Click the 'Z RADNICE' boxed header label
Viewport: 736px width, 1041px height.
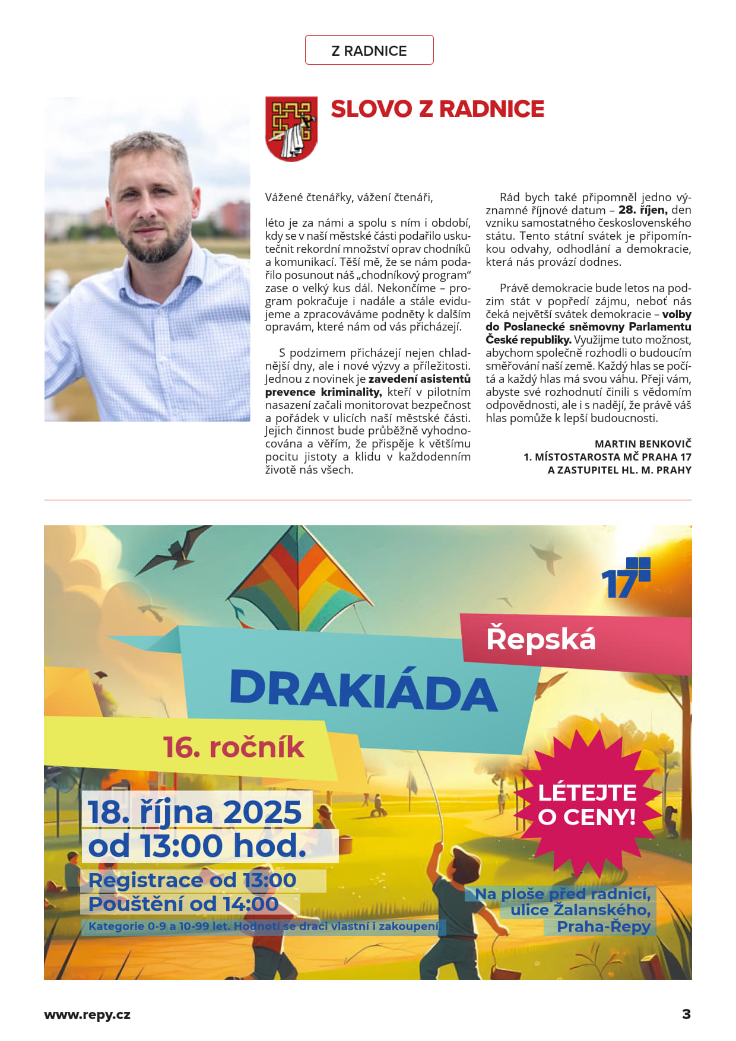point(369,50)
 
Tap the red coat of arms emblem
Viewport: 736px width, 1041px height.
point(291,129)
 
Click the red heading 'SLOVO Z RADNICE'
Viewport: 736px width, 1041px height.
point(437,109)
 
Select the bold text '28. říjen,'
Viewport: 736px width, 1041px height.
point(643,210)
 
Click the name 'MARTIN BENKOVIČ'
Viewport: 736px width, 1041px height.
point(643,444)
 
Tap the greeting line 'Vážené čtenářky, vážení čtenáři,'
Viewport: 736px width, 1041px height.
point(349,197)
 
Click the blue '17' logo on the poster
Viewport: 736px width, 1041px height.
point(624,579)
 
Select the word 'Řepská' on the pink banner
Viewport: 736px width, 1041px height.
point(541,639)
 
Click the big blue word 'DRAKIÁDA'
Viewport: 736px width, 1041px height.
point(363,690)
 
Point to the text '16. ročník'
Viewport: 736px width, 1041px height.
point(233,748)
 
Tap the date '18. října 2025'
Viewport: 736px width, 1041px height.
point(195,812)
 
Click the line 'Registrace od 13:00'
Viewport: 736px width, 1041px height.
point(192,880)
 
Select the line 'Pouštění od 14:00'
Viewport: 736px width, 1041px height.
point(183,904)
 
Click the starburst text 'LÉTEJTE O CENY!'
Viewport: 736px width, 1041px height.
point(586,805)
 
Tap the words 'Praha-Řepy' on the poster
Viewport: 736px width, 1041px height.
point(604,926)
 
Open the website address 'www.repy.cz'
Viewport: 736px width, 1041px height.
point(87,1014)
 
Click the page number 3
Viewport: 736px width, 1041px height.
point(686,1014)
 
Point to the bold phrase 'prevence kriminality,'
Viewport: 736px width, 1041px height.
point(323,392)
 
